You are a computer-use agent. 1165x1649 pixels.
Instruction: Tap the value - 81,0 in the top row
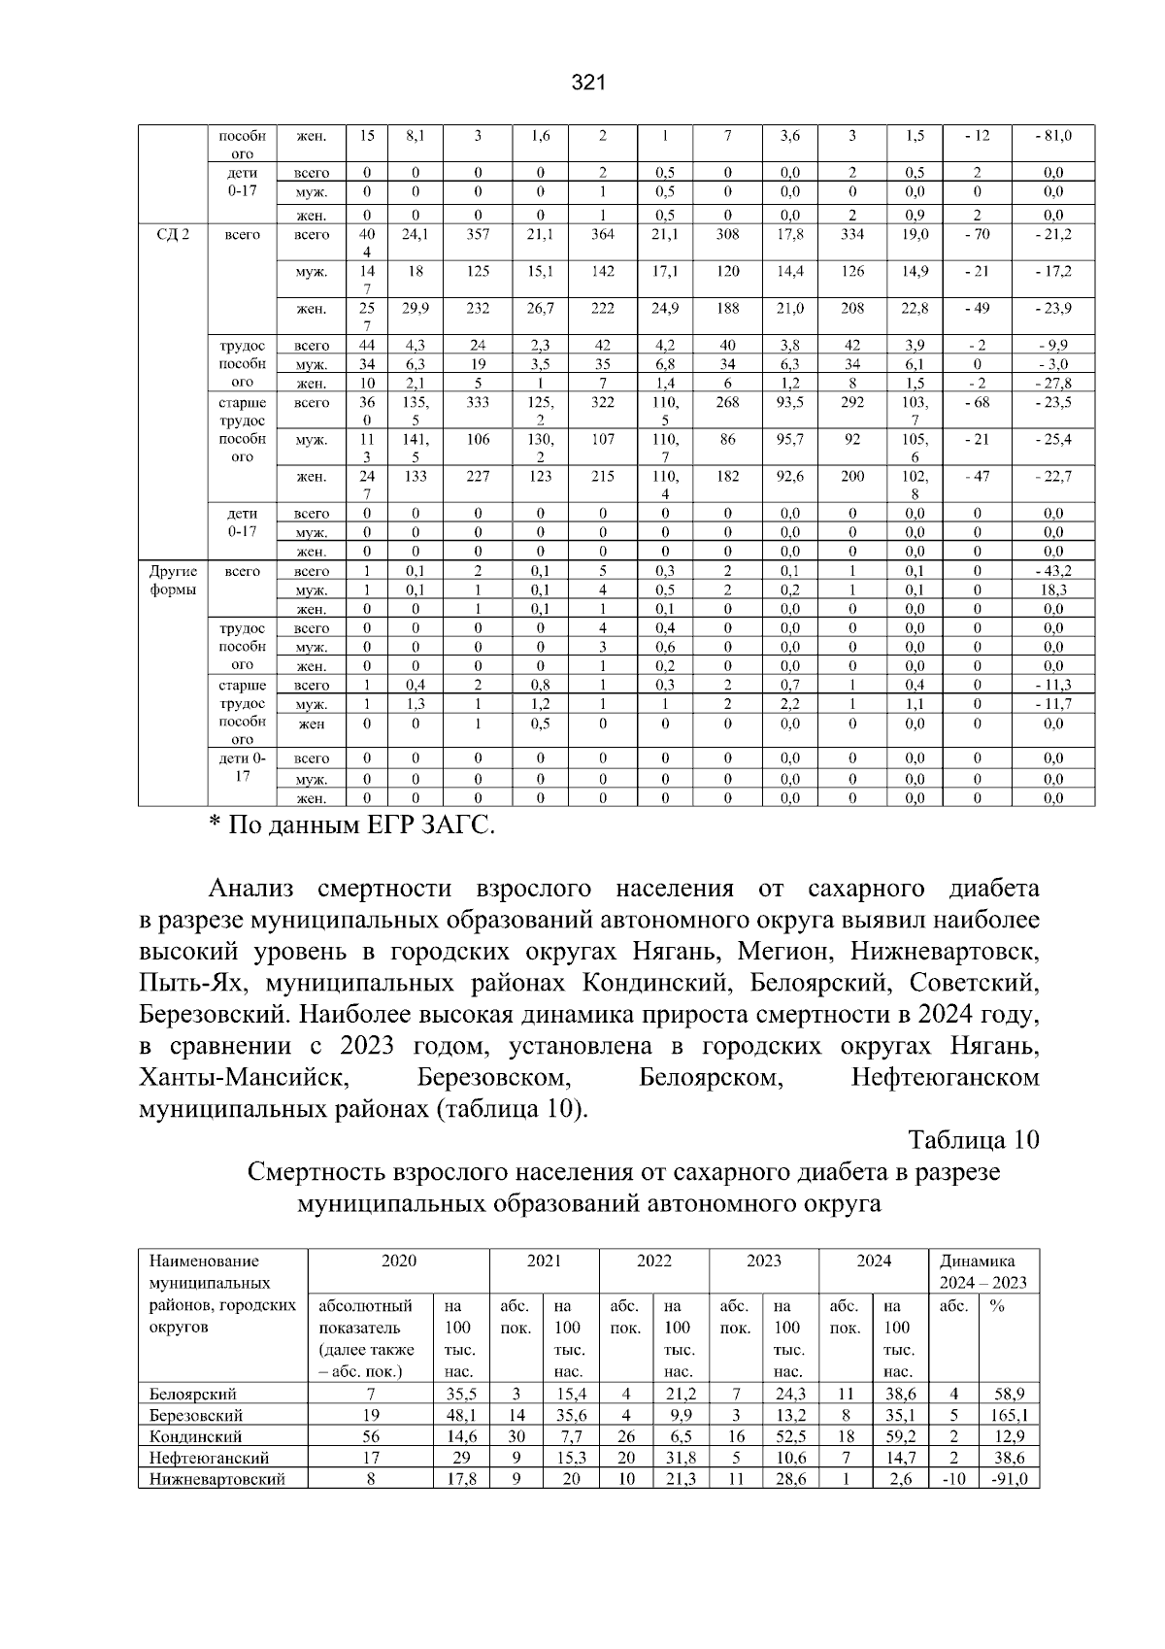(x=1052, y=136)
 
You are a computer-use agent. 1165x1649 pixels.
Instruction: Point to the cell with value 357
(x=478, y=234)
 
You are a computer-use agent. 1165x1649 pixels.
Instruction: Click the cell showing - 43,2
(x=1052, y=571)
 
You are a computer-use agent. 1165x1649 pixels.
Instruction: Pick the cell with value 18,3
(x=1052, y=589)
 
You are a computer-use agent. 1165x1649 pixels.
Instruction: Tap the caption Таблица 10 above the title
(x=974, y=1140)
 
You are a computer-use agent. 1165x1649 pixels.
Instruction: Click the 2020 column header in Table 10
(x=398, y=1261)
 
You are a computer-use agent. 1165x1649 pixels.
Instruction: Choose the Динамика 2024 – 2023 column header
(x=982, y=1271)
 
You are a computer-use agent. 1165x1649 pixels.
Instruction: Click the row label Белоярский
(x=193, y=1395)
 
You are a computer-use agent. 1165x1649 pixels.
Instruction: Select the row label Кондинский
(x=195, y=1436)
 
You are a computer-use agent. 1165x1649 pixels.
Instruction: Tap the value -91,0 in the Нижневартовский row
(x=1009, y=1479)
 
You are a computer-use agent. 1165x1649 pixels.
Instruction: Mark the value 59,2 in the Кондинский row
(x=900, y=1436)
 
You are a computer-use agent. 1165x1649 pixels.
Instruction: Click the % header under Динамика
(x=996, y=1307)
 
